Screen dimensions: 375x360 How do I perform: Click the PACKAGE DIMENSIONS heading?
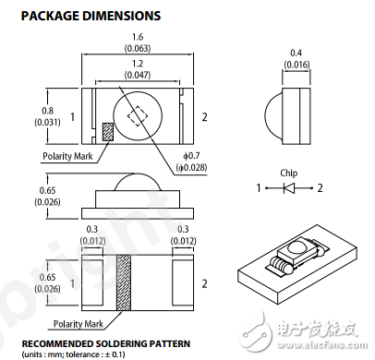pyautogui.click(x=91, y=16)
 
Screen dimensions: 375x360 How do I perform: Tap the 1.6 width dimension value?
pyautogui.click(x=138, y=37)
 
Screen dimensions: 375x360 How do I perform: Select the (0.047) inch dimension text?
pyautogui.click(x=138, y=75)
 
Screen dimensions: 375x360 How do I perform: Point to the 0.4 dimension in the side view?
pyautogui.click(x=296, y=53)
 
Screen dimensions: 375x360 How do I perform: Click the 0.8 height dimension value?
pyautogui.click(x=47, y=111)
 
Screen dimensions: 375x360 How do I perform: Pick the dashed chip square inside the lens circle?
pyautogui.click(x=138, y=116)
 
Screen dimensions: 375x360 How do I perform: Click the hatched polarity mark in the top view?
pyautogui.click(x=108, y=132)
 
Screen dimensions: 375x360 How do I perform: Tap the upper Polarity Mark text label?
pyautogui.click(x=67, y=156)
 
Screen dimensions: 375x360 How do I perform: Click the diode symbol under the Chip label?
pyautogui.click(x=289, y=188)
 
